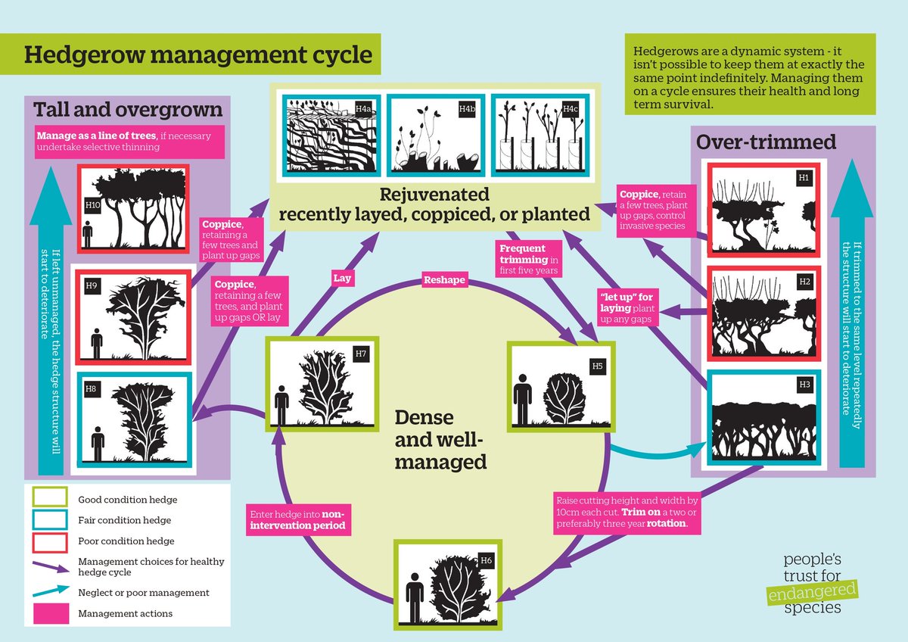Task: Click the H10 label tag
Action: (92, 204)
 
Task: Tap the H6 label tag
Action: (487, 561)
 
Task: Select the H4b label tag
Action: (467, 109)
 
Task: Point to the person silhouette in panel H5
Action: (522, 398)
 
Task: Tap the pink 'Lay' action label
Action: (341, 279)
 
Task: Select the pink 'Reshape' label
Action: (444, 280)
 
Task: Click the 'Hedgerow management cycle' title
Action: (198, 55)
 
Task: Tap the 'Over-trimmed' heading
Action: (766, 142)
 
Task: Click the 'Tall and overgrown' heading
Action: (128, 110)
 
